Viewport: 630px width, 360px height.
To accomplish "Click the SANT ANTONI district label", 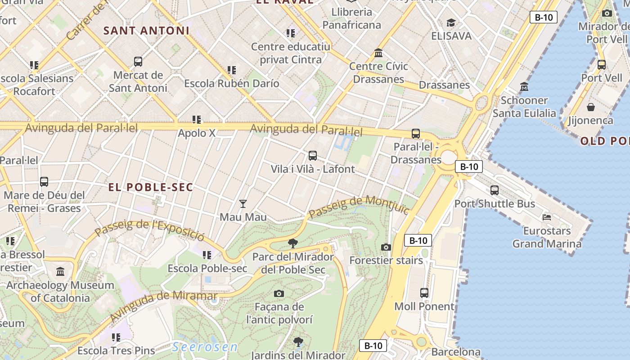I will pyautogui.click(x=146, y=31).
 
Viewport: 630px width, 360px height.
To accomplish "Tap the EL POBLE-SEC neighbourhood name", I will pyautogui.click(x=151, y=187).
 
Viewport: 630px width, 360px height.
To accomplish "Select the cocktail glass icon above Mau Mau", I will pyautogui.click(x=243, y=204).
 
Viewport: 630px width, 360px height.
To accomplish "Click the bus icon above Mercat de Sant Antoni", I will pyautogui.click(x=138, y=61).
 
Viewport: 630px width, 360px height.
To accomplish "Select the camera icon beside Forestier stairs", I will pyautogui.click(x=386, y=247).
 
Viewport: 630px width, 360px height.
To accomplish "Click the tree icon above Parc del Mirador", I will pyautogui.click(x=293, y=243).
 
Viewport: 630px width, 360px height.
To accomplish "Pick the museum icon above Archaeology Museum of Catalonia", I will pyautogui.click(x=60, y=271).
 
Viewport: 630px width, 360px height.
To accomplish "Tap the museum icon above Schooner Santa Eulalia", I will pyautogui.click(x=524, y=86).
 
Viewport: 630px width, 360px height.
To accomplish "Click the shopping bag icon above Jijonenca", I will pyautogui.click(x=590, y=107).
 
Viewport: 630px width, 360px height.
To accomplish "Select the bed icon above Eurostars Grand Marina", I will pyautogui.click(x=547, y=217).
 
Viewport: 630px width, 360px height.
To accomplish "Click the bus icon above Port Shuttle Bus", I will pyautogui.click(x=495, y=190).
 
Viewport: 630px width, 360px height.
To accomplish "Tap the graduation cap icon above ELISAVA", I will pyautogui.click(x=451, y=22).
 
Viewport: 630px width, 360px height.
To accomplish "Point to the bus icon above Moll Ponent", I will pyautogui.click(x=424, y=292).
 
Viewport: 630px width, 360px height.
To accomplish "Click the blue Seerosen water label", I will pyautogui.click(x=205, y=347).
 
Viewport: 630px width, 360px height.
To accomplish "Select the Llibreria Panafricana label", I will pyautogui.click(x=351, y=18).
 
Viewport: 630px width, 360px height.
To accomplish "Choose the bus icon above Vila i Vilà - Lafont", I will pyautogui.click(x=312, y=156).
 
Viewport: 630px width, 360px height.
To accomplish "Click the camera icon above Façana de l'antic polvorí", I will pyautogui.click(x=279, y=293).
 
